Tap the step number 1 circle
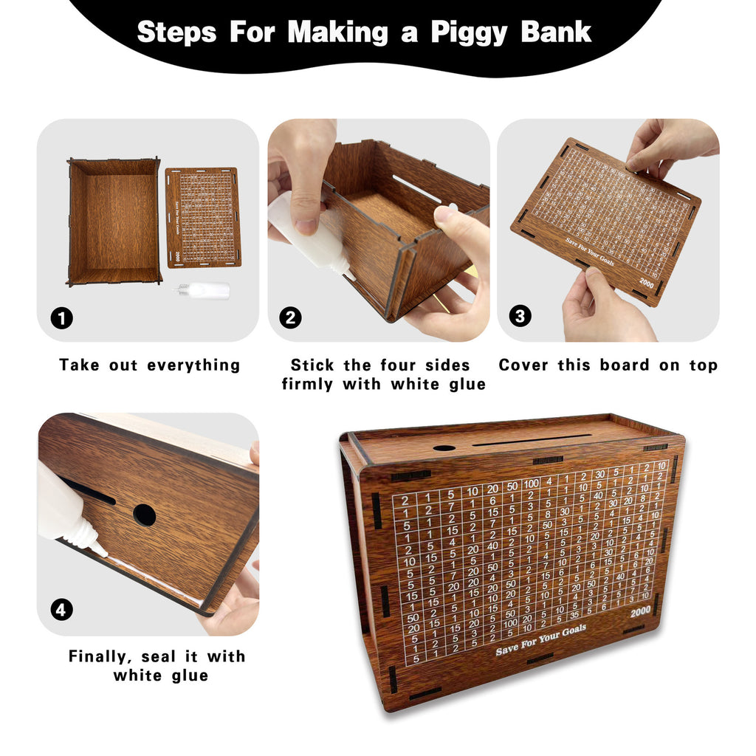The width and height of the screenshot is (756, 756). coord(62,318)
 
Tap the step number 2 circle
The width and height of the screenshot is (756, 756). coord(291,318)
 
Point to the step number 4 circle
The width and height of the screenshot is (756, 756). coord(62,610)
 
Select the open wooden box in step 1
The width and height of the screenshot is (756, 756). coord(114,221)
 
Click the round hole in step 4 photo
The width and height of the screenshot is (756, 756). coord(144,515)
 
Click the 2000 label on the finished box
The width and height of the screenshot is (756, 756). coord(641,612)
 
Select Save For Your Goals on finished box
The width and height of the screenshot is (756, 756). coord(540,639)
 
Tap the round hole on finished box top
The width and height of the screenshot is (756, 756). coord(444,447)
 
